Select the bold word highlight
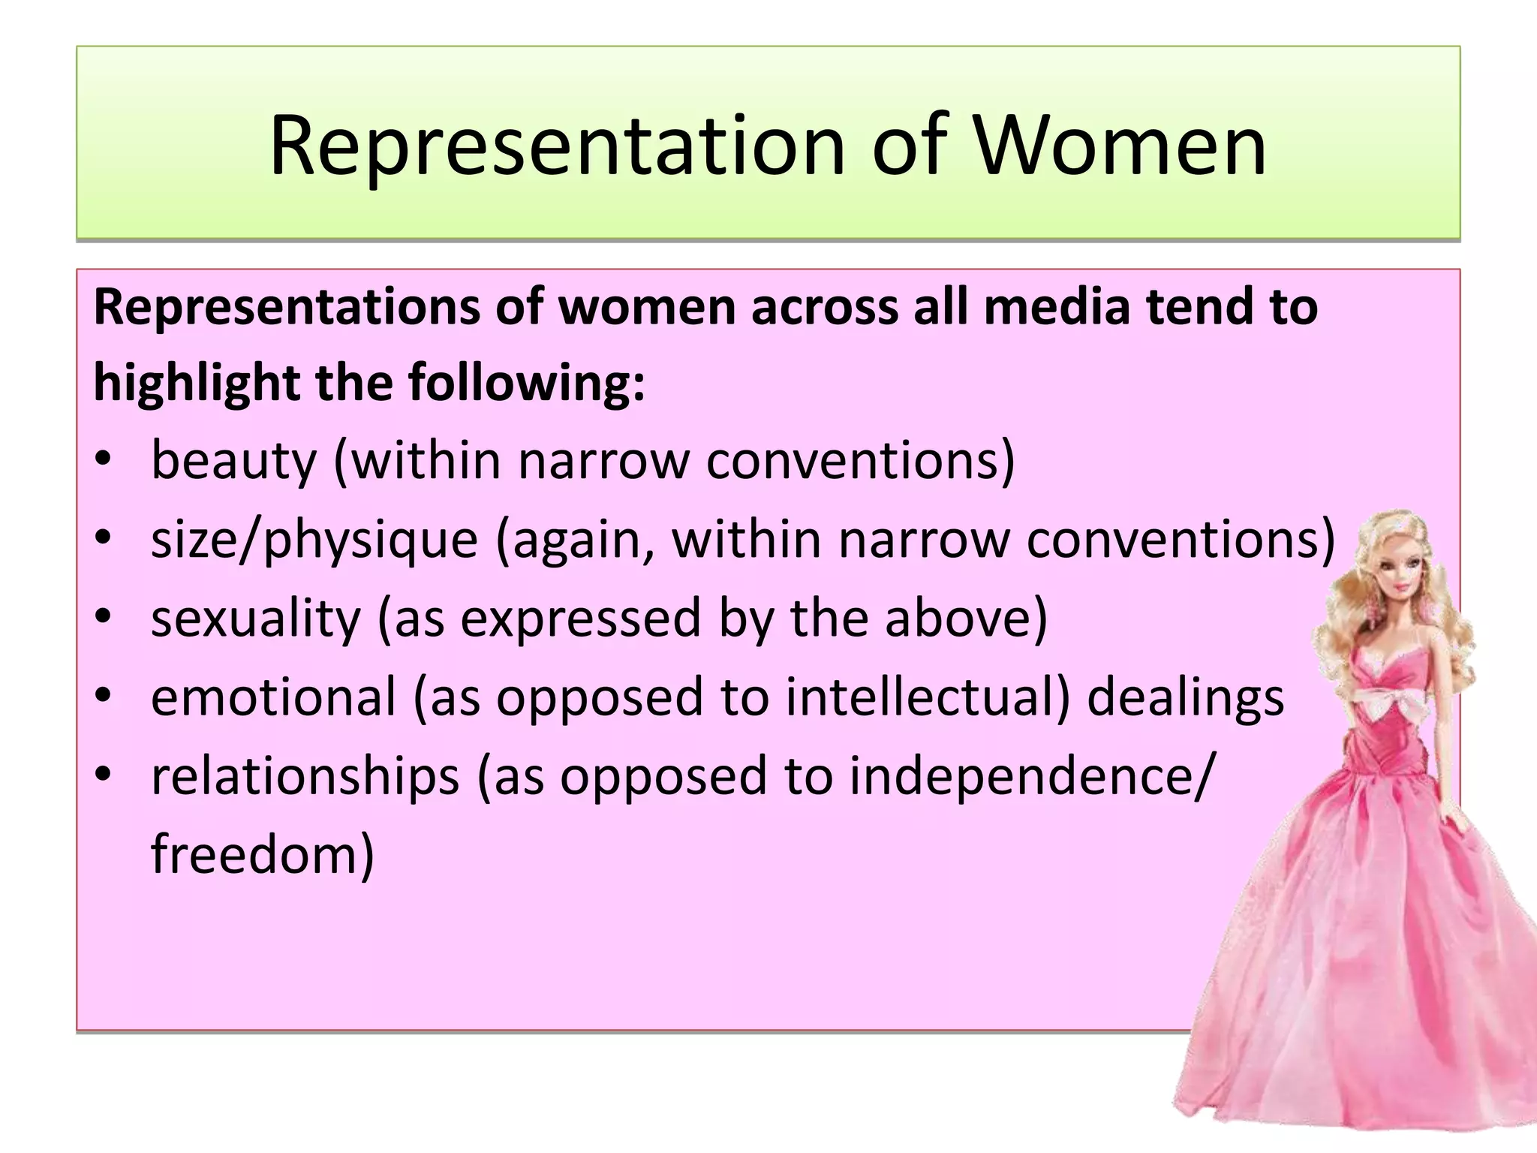pos(196,383)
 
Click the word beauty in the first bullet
pos(233,461)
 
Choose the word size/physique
pos(314,540)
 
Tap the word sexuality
pos(256,619)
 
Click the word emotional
pos(273,697)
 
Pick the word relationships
pos(305,776)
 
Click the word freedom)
pos(262,855)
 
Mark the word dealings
pos(1186,697)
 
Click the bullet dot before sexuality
pos(104,617)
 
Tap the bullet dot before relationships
pos(104,775)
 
